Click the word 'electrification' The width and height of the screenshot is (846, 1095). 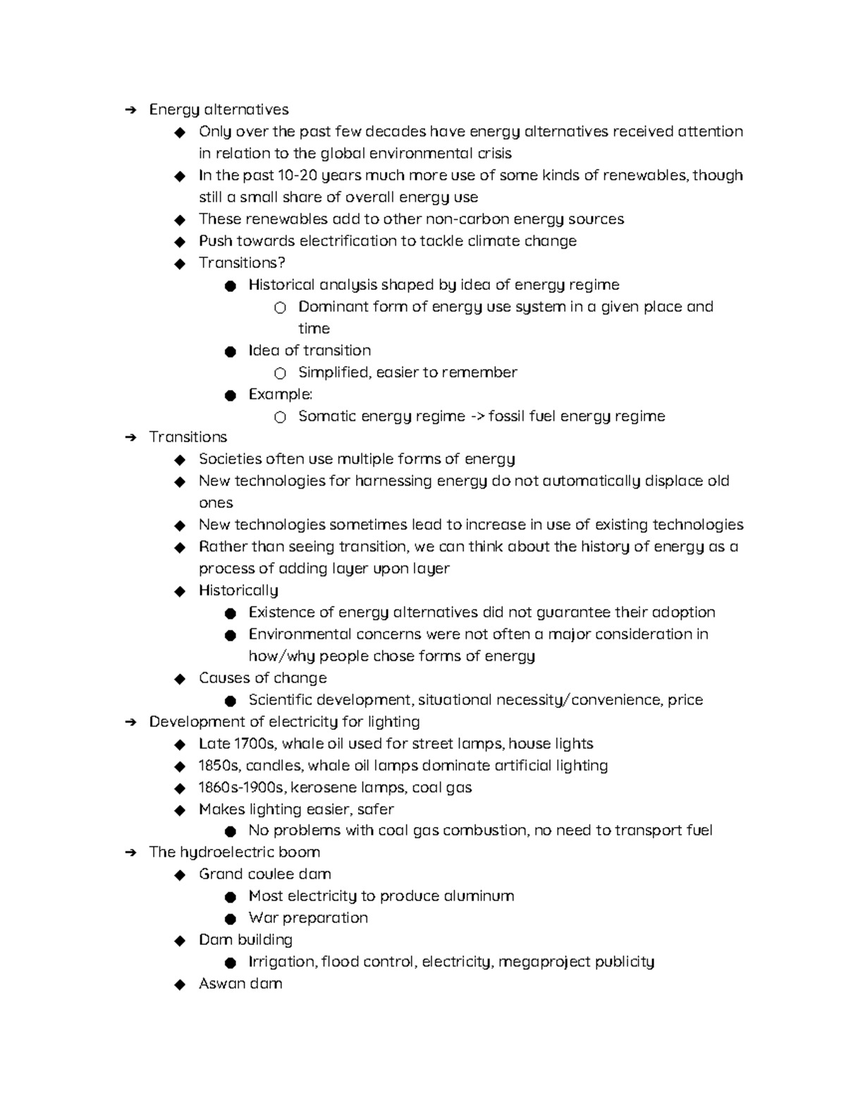click(x=348, y=240)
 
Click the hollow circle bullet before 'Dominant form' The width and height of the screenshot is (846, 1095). click(x=280, y=307)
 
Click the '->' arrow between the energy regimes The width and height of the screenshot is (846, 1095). click(x=477, y=416)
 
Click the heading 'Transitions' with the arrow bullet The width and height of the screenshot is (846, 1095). click(x=188, y=437)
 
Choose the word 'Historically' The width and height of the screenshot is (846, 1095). click(x=238, y=590)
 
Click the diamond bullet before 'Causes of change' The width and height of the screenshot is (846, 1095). click(x=180, y=678)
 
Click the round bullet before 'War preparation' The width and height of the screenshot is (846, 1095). click(x=230, y=919)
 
